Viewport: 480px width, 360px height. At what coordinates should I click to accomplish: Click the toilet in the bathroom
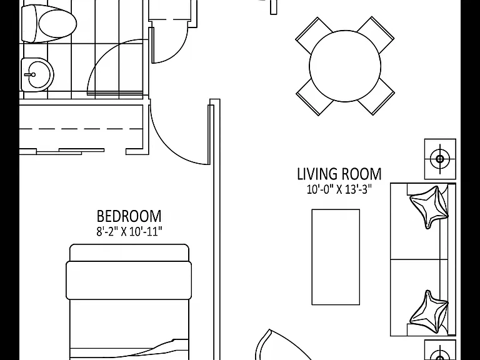tap(49, 23)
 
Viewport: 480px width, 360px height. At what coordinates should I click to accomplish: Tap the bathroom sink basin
tap(37, 75)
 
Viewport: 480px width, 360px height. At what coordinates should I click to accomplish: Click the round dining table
tap(345, 66)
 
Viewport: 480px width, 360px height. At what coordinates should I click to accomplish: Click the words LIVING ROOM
tap(339, 174)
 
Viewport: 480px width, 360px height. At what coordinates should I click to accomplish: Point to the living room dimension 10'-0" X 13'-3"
tap(339, 189)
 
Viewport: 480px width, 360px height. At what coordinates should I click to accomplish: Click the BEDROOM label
tap(129, 216)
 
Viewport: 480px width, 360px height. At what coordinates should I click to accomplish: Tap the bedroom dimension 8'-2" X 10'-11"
tap(129, 231)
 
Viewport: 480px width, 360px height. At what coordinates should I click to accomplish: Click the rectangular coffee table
tap(336, 257)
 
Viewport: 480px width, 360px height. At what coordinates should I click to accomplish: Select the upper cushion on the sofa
tap(429, 207)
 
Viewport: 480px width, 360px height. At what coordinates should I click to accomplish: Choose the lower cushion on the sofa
tap(429, 312)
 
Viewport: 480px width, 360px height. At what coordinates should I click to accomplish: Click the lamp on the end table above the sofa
tap(440, 159)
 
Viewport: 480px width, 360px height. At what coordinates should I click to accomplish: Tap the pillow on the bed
tap(129, 281)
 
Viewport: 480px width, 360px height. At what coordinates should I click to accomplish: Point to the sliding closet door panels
tap(71, 151)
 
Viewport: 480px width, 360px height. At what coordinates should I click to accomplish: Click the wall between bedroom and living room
tap(215, 229)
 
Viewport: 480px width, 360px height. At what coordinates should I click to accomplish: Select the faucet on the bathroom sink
tap(30, 75)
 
